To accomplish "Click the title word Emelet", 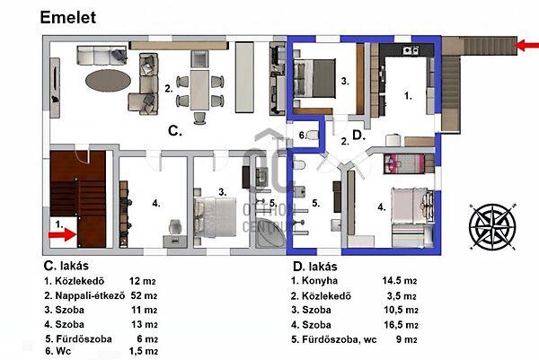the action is (68, 18).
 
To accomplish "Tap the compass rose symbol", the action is (492, 227).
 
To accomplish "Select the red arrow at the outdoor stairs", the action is (527, 45).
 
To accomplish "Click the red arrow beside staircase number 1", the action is (62, 234).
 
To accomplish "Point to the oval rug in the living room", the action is (108, 81).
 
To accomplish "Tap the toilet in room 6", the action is (313, 135).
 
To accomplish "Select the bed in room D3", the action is (314, 79).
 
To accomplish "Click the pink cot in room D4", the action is (404, 164).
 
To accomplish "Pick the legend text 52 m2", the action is (144, 295).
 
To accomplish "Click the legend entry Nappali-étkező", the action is (90, 295).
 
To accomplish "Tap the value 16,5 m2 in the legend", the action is (401, 325).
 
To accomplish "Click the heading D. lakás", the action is (315, 267).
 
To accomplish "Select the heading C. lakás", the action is (66, 266).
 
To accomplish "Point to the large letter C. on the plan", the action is (175, 131).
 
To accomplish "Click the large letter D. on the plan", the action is (358, 136).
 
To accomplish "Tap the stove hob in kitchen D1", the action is (411, 50).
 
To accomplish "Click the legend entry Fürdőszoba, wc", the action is (340, 339).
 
